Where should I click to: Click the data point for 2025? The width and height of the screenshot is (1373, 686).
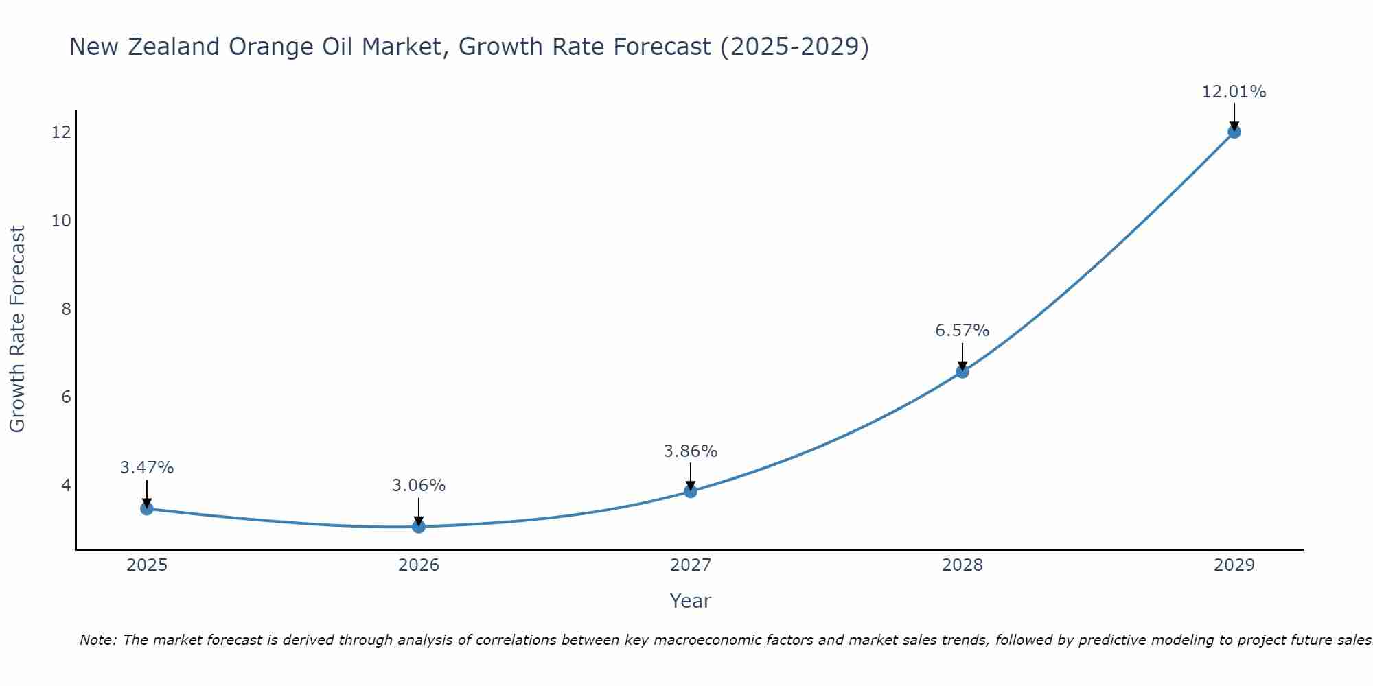pos(146,508)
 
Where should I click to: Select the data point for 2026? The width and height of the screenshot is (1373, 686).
pos(419,526)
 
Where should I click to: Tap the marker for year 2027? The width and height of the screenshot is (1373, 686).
pos(691,491)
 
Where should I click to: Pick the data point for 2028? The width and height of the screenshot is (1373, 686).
pos(962,371)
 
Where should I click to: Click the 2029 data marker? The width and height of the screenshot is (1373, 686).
pos(1234,132)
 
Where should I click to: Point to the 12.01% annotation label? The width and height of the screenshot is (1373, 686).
pos(1234,92)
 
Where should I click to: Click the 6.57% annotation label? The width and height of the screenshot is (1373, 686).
pos(962,331)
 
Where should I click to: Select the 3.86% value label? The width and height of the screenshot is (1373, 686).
pos(690,451)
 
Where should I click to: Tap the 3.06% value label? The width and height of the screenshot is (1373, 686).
pos(418,486)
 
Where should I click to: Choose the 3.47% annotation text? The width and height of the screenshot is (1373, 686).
pos(146,468)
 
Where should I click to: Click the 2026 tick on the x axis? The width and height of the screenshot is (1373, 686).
pos(419,565)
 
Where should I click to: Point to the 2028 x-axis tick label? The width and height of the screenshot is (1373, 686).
pos(962,565)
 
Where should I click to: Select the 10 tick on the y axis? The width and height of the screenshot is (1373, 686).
pos(61,221)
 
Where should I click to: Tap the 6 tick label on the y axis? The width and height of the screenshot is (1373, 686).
pos(66,397)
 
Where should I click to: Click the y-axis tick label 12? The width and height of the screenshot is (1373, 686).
pos(61,132)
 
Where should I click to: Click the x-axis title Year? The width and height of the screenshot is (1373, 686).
pos(690,601)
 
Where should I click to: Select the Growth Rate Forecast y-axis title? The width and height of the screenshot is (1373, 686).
pos(17,329)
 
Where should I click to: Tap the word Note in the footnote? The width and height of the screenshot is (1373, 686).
pos(97,641)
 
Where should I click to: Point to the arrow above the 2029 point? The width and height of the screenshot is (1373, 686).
pos(1234,115)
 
